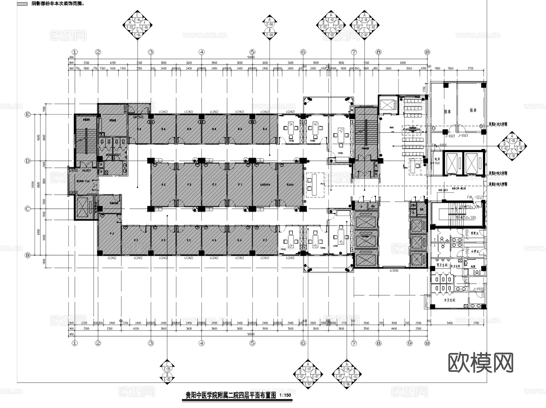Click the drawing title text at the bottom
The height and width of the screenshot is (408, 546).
231,396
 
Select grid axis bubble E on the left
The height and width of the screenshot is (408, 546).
28,115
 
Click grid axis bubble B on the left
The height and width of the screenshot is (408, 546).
28,255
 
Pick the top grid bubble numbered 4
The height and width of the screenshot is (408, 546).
202,52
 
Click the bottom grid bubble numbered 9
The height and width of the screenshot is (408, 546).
410,343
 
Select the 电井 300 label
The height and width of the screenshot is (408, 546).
437,161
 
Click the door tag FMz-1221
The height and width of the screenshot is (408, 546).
475,197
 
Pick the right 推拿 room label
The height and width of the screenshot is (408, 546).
473,110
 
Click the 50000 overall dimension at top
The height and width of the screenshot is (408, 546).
251,57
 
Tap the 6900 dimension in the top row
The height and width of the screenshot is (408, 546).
403,63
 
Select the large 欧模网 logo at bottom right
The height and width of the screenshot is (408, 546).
481,363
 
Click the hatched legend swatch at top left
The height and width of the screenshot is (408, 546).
22,4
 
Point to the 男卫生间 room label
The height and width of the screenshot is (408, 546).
442,265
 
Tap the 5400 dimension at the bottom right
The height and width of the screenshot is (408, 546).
450,323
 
